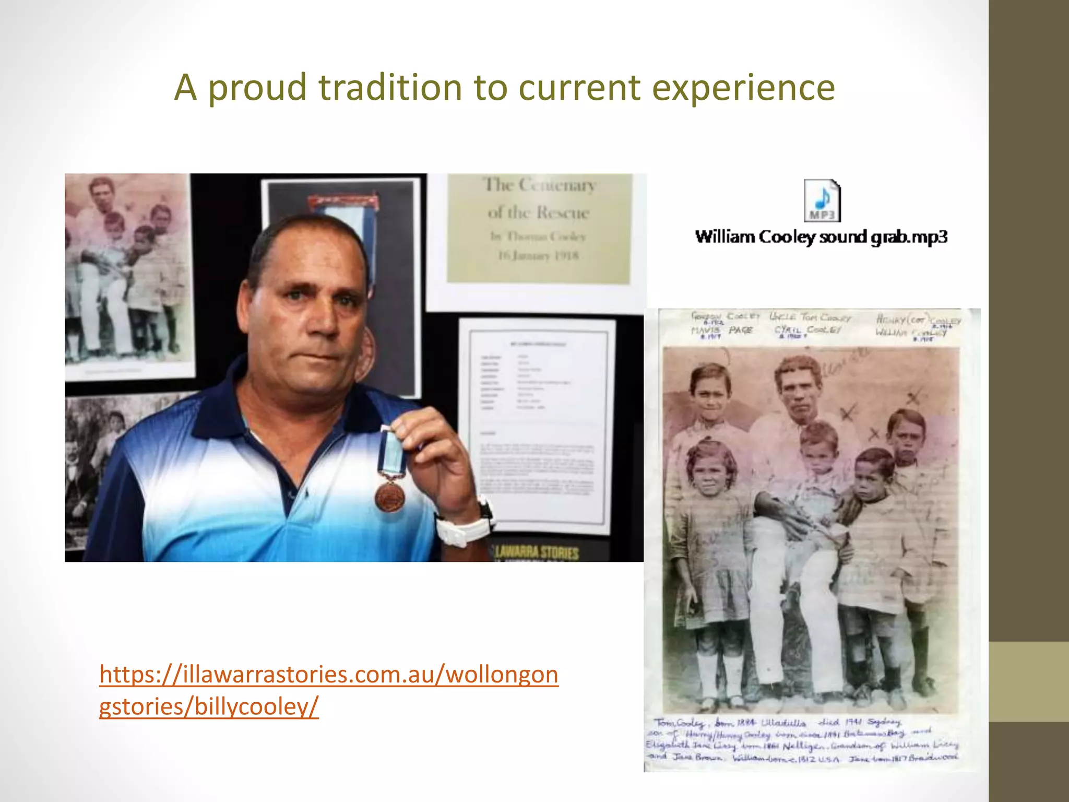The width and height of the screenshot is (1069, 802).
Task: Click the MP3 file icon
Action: coord(822,201)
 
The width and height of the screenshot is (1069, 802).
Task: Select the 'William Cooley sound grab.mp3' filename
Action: coord(821,237)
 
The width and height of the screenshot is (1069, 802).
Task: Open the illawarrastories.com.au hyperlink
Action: coord(328,690)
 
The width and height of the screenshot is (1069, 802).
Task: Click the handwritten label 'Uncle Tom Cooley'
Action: coord(810,317)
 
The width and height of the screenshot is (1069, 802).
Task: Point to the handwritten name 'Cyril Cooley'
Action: coord(807,330)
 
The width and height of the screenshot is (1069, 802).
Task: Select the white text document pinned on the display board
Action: coord(537,423)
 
